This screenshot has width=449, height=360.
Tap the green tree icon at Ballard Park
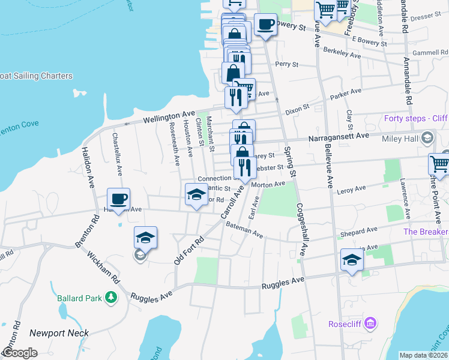tap(110, 297)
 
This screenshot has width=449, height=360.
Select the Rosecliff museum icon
tap(370, 324)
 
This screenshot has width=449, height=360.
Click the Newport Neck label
tap(59, 333)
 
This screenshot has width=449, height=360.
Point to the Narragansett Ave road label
tap(338, 137)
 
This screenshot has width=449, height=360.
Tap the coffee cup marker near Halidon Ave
tap(118, 199)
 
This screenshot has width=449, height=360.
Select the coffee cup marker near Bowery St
tap(265, 25)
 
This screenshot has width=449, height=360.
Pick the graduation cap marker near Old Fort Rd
tap(145, 238)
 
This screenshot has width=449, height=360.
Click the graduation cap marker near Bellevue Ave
tap(352, 260)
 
